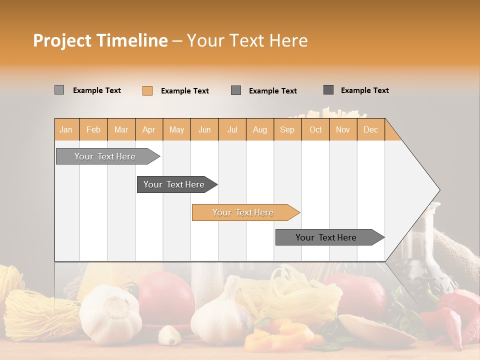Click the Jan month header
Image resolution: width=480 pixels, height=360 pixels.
point(66,129)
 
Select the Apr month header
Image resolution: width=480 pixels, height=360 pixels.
point(148,129)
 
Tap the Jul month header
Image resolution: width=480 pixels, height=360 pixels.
point(232,129)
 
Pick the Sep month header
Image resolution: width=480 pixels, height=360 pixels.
point(287,129)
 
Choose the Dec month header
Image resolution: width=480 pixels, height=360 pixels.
point(370,129)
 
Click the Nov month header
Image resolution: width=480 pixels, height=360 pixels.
point(342,129)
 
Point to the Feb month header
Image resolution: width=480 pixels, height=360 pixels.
point(93,129)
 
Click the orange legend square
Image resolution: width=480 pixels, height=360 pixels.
point(147,90)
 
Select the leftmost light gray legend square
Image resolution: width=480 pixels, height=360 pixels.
point(59,90)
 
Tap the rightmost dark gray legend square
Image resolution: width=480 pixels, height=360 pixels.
point(328,90)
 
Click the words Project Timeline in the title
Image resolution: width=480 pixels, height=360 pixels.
point(100,40)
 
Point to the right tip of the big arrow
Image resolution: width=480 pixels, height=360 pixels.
point(438,190)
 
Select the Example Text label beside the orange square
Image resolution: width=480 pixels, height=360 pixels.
point(184,91)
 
